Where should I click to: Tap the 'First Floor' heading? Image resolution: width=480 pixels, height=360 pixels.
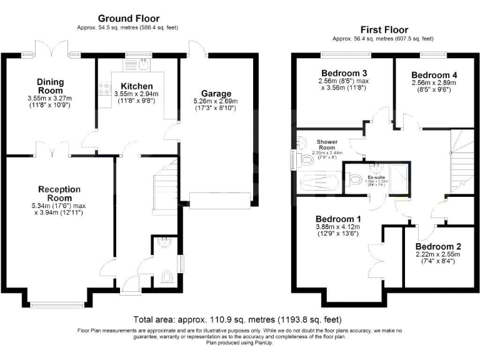coord(384,29)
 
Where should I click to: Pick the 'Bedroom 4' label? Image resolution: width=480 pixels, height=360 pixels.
coord(434,74)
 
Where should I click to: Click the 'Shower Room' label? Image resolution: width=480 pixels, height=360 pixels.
coord(327,145)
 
